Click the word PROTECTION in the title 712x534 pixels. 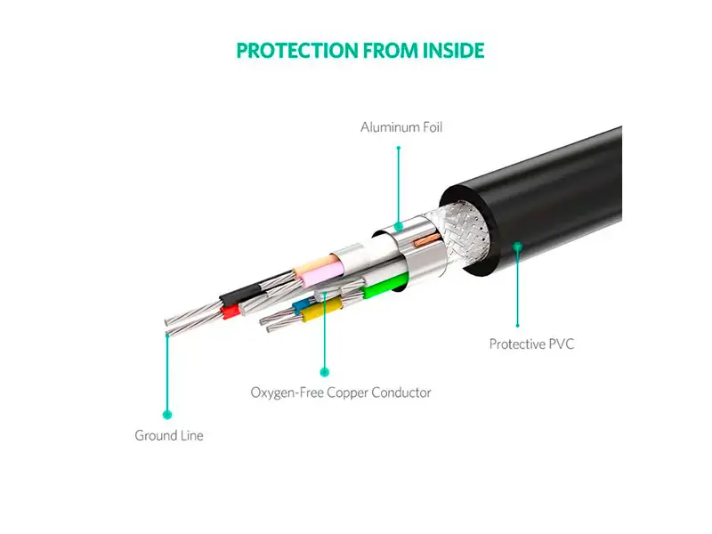coord(297,51)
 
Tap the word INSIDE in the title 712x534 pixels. coord(453,51)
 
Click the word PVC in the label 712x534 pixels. coord(562,344)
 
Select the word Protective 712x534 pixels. coord(517,344)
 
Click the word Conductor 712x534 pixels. coord(401,392)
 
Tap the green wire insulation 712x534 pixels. coord(385,286)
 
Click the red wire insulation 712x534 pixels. coord(231,312)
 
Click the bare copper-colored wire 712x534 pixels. coord(427,240)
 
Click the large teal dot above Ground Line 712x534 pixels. coord(167,415)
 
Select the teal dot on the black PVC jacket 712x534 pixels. coord(518,247)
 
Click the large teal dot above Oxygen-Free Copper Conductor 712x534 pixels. coord(324,372)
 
